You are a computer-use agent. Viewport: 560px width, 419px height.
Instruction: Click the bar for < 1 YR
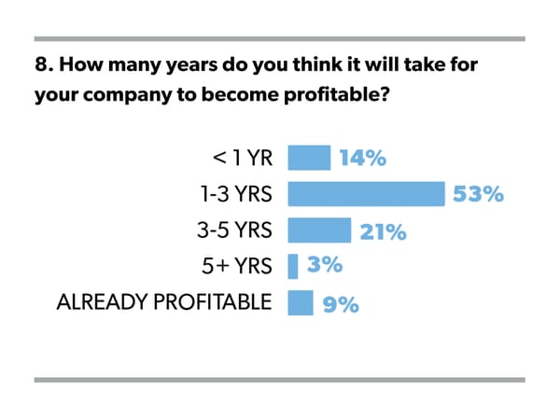(x=309, y=158)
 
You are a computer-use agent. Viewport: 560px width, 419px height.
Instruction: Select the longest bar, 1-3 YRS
(x=365, y=194)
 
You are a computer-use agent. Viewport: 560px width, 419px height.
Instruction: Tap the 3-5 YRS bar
(x=319, y=230)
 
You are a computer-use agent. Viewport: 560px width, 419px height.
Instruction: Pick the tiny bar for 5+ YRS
(x=293, y=267)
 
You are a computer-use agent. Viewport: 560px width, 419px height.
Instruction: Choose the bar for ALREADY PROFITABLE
(x=301, y=303)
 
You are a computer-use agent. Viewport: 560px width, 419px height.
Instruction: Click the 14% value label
(x=363, y=159)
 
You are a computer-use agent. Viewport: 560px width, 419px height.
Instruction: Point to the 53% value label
(x=478, y=195)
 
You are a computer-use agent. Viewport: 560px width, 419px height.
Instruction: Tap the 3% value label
(x=324, y=267)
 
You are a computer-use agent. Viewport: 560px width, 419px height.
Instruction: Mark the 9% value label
(x=340, y=303)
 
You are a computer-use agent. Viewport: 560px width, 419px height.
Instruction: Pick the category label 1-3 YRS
(x=230, y=195)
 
